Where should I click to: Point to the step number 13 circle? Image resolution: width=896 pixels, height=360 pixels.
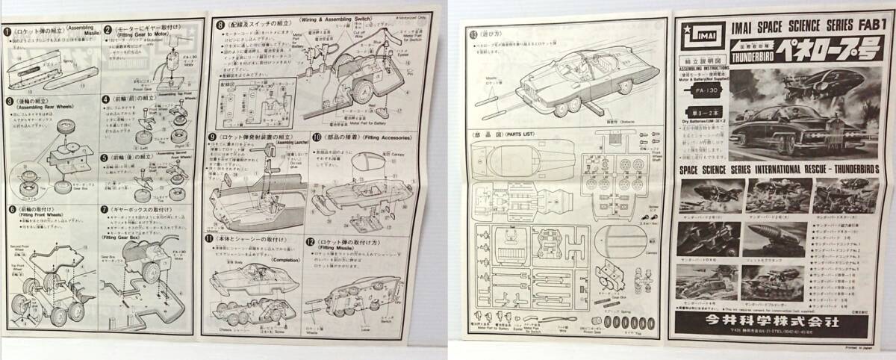click(473, 34)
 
